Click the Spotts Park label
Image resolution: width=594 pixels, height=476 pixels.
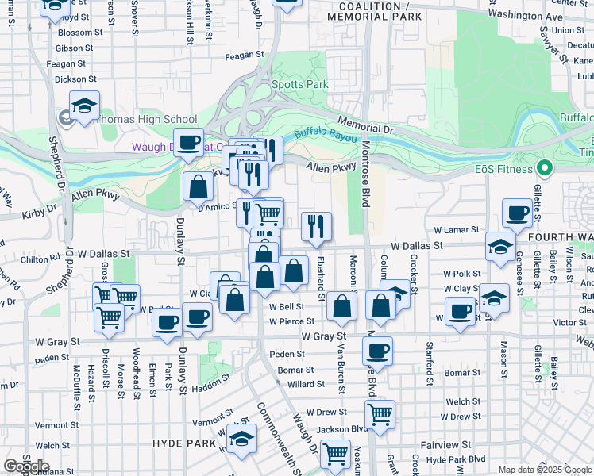coord(299,84)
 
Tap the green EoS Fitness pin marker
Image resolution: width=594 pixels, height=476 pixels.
coord(544,168)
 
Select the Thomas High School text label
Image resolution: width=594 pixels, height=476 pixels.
coord(147,120)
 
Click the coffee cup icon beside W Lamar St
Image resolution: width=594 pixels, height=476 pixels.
coord(516,212)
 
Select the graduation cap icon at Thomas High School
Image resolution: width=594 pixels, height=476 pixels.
coord(83,106)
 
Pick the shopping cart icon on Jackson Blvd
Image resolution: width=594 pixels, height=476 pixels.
coord(380,413)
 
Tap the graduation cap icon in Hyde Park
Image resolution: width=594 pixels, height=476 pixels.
coord(241,437)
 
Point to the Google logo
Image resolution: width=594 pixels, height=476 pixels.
coord(26,466)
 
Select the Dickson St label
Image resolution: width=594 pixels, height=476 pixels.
coord(76,79)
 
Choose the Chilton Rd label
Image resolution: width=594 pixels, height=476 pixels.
coord(40,259)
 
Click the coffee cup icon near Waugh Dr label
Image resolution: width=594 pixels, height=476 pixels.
coord(188,142)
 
